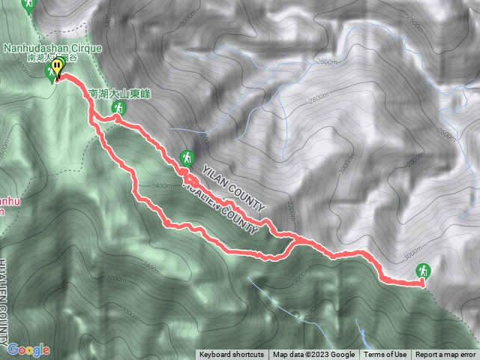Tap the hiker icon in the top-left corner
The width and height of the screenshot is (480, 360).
click(x=28, y=6)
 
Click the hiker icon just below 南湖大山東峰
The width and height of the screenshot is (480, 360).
click(x=118, y=110)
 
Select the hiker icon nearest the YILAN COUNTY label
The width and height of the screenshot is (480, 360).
click(x=186, y=158)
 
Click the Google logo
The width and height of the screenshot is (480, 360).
click(x=28, y=349)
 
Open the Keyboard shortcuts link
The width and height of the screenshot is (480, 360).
click(x=232, y=355)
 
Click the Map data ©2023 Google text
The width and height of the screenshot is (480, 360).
click(x=313, y=355)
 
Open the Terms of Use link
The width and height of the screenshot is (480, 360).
click(x=385, y=355)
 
